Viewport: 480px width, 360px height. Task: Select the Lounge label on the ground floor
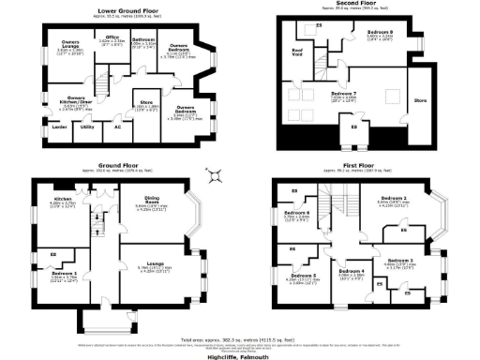coord(161,263)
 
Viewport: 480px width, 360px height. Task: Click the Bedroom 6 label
coord(296,213)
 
